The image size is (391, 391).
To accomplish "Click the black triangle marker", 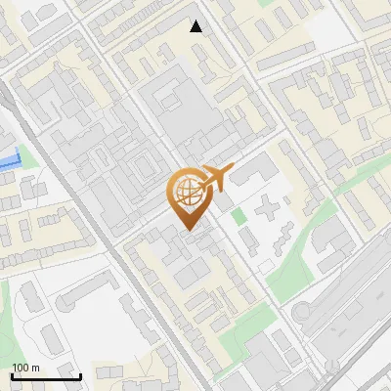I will [196, 26].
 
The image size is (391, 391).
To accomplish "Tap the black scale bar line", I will [46, 377].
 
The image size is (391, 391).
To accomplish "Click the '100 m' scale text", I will [26, 368].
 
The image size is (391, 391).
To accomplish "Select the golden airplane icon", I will [216, 178].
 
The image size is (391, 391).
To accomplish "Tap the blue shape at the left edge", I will [9, 161].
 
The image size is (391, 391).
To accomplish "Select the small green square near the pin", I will [238, 215].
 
